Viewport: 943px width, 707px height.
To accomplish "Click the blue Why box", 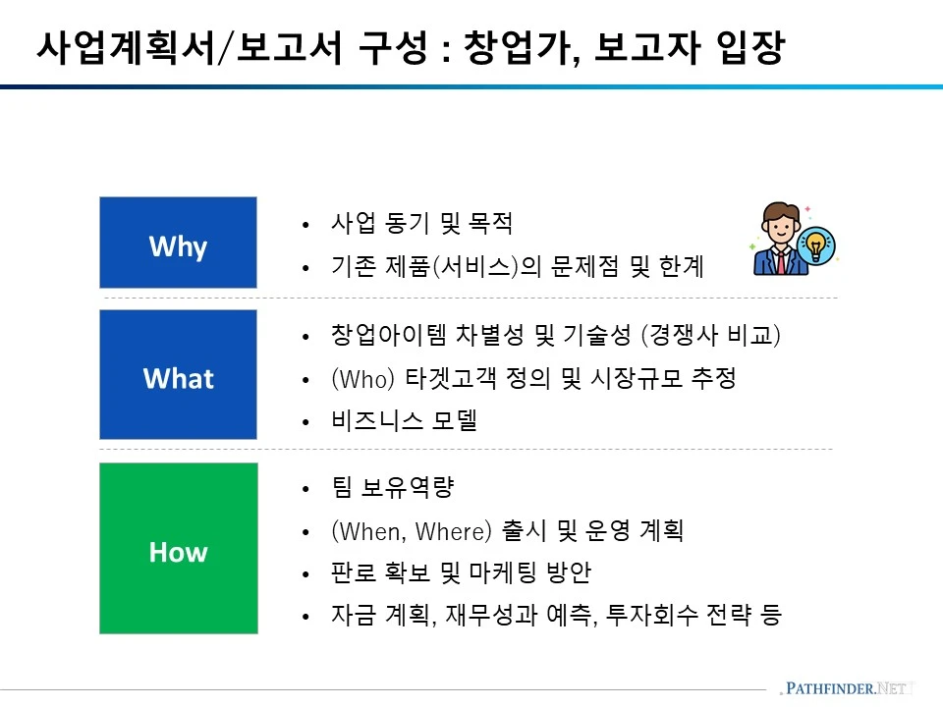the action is point(178,243).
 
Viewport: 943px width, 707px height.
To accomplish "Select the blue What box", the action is point(178,374).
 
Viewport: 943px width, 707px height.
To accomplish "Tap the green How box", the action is point(179,548).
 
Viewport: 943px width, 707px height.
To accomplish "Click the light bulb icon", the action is point(816,245).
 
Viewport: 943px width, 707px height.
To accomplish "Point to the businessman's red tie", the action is point(781,262).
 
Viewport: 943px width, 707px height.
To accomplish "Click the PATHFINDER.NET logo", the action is point(846,688).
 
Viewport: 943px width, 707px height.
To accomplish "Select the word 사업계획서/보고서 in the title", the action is point(190,47).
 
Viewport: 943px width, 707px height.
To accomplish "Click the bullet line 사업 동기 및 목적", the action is point(421,223).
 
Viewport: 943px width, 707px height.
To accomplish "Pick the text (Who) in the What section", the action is point(362,379).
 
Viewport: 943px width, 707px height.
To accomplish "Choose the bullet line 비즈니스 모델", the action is point(404,420).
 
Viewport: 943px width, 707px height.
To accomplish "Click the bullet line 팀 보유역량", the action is point(393,488).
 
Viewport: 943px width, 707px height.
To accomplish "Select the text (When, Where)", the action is point(412,531).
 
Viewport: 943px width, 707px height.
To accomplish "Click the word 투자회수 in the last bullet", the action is point(651,615).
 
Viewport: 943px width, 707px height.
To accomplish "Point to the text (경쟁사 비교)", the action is point(711,335).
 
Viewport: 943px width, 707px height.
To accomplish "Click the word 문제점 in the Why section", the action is point(585,266).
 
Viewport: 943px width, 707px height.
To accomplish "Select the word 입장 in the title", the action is point(750,47).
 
